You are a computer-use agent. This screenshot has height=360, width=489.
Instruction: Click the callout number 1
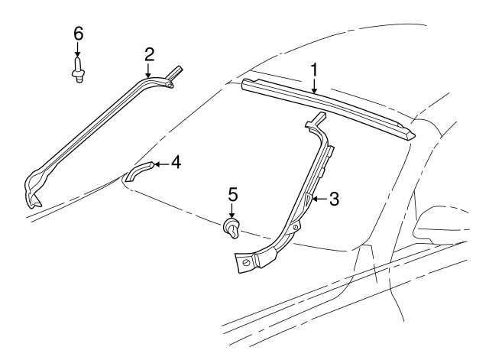[x=313, y=70]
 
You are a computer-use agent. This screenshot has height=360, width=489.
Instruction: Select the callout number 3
[x=334, y=198]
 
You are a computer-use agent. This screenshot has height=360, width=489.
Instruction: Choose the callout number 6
[x=78, y=34]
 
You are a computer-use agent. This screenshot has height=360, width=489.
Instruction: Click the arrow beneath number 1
[x=313, y=86]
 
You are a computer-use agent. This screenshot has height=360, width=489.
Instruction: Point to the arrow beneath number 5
[x=233, y=212]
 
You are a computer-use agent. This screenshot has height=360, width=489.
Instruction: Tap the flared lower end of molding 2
[x=35, y=192]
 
